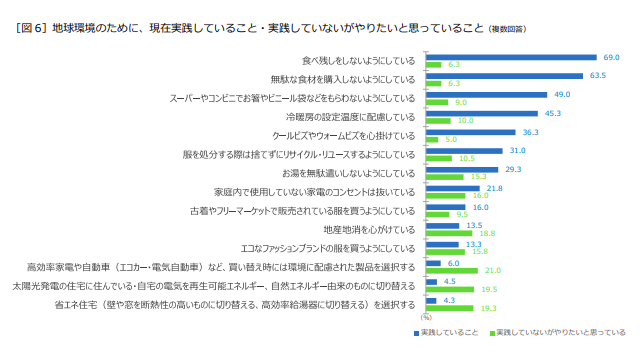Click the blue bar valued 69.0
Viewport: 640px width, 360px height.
[511, 57]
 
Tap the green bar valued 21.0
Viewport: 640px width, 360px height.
[451, 270]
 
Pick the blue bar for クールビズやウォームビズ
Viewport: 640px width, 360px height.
[470, 132]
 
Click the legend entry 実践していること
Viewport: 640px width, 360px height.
[445, 331]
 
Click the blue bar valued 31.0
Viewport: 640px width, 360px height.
[464, 151]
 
